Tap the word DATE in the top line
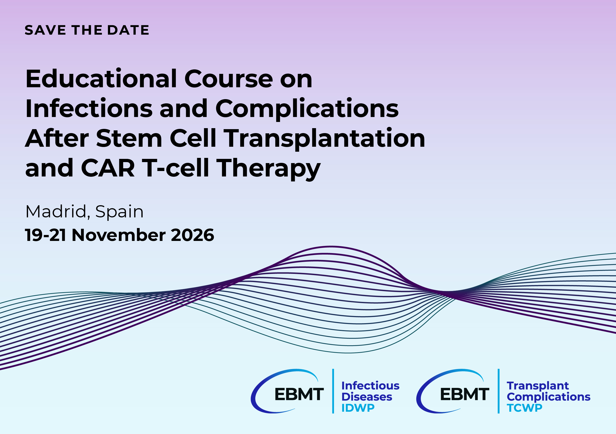(128, 30)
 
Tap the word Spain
(119, 212)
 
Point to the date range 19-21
(45, 235)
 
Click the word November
(119, 235)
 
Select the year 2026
(192, 235)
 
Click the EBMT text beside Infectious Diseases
(299, 394)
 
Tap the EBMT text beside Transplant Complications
(464, 394)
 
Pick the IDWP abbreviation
(358, 408)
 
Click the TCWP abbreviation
(524, 408)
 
